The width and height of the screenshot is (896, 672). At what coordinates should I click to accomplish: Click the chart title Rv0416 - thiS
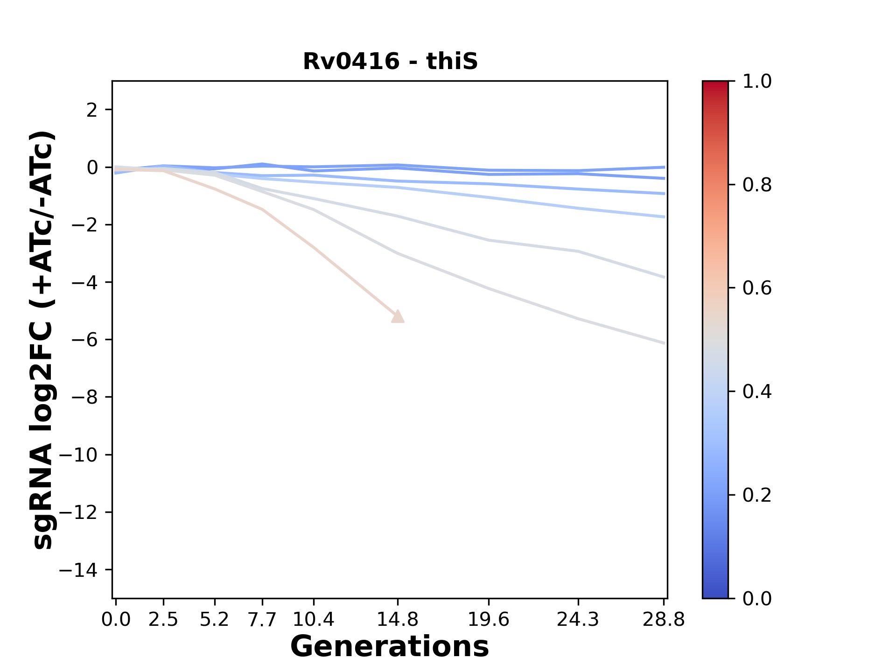390,62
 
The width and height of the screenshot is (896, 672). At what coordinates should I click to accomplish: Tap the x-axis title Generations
390,647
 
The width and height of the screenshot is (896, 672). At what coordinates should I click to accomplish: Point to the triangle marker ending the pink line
398,317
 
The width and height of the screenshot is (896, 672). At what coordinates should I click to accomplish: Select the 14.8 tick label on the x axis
398,620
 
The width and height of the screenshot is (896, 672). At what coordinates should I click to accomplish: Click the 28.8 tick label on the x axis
664,620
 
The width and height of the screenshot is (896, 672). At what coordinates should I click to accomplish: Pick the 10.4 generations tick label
314,620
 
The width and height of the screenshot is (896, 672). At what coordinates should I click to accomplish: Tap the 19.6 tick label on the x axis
489,620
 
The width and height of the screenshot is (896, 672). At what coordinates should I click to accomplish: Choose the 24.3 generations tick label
578,620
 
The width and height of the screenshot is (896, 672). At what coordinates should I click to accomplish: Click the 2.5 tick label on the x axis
163,620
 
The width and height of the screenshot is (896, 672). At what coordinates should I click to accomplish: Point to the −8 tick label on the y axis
84,398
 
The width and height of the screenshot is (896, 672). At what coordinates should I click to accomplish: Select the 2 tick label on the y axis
92,110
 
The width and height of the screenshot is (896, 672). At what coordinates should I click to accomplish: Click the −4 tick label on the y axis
84,282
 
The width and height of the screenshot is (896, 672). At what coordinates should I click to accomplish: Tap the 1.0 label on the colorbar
757,82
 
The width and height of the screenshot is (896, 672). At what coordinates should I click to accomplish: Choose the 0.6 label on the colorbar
757,288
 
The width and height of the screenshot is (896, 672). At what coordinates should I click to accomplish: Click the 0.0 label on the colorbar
757,598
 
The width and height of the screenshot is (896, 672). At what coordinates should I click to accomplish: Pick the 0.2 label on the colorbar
757,495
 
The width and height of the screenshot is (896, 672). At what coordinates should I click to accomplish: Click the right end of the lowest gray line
664,343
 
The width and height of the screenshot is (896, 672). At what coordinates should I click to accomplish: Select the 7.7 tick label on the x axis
262,620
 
